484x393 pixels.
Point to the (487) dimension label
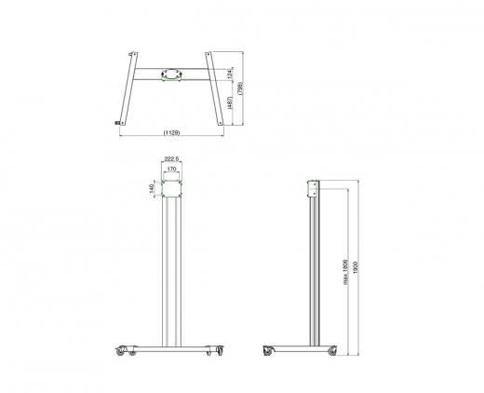229,104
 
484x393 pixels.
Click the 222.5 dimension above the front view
171,160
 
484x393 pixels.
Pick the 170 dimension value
171,170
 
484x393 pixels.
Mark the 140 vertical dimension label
150,188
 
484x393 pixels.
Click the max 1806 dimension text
346,270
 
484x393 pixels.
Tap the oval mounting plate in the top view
171,73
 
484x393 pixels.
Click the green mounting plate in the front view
171,189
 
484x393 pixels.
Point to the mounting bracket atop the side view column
314,190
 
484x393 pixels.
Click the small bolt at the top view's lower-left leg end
117,123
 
